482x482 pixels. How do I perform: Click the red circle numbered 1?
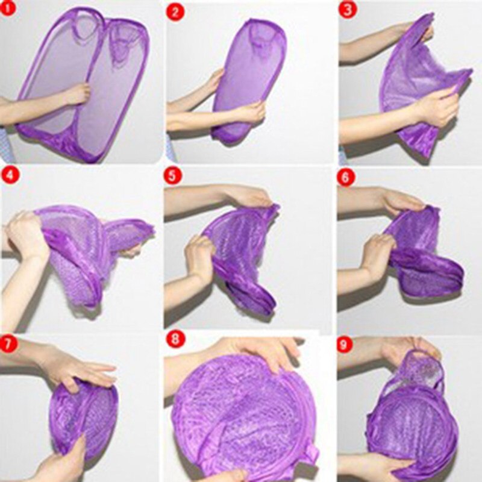[8, 8]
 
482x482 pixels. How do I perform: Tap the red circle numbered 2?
[175, 12]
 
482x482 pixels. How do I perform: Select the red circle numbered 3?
[348, 10]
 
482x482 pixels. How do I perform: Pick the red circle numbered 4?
[10, 176]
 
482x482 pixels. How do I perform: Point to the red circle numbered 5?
[173, 177]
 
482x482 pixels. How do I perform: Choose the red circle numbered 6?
[345, 177]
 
